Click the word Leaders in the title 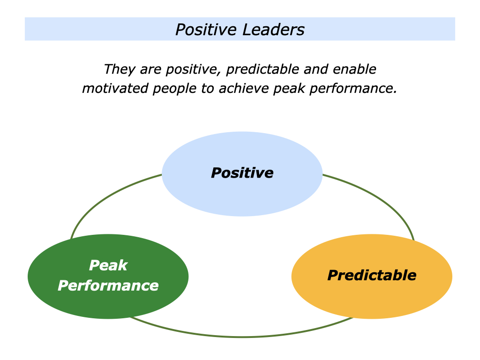click(273, 30)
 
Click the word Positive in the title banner click(207, 30)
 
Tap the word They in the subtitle click(116, 69)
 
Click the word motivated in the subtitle click(114, 89)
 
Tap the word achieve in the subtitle click(242, 89)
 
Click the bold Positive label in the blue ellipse click(242, 173)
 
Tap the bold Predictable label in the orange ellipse click(372, 275)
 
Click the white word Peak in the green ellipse click(108, 265)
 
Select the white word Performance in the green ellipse click(108, 285)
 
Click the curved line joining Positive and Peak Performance click(101, 197)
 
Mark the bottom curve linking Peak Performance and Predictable click(242, 337)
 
